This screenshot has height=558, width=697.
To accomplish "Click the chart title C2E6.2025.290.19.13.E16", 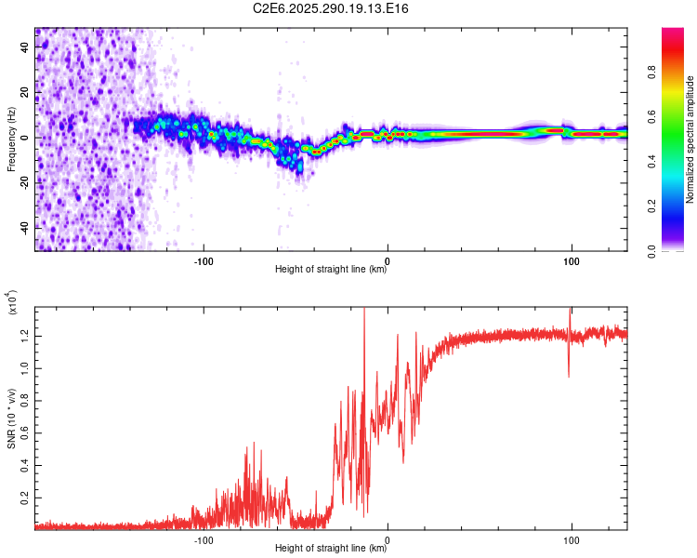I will tap(332, 8).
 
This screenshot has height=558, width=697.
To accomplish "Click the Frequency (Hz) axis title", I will tap(11, 139).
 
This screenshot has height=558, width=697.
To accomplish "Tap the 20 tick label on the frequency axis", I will tap(25, 92).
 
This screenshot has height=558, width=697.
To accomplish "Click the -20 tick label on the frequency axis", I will tap(23, 182).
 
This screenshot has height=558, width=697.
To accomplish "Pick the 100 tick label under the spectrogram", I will tap(572, 260).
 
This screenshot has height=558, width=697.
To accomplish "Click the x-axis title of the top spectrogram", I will tap(331, 270).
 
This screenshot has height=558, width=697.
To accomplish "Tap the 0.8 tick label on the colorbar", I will tap(678, 73).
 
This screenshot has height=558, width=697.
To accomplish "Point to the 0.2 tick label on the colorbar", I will tap(678, 207).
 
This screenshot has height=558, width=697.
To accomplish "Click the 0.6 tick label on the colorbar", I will tap(678, 117).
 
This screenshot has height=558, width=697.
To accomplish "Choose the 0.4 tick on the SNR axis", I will tap(25, 466).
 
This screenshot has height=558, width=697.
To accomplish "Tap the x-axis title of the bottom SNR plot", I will tap(331, 550).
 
